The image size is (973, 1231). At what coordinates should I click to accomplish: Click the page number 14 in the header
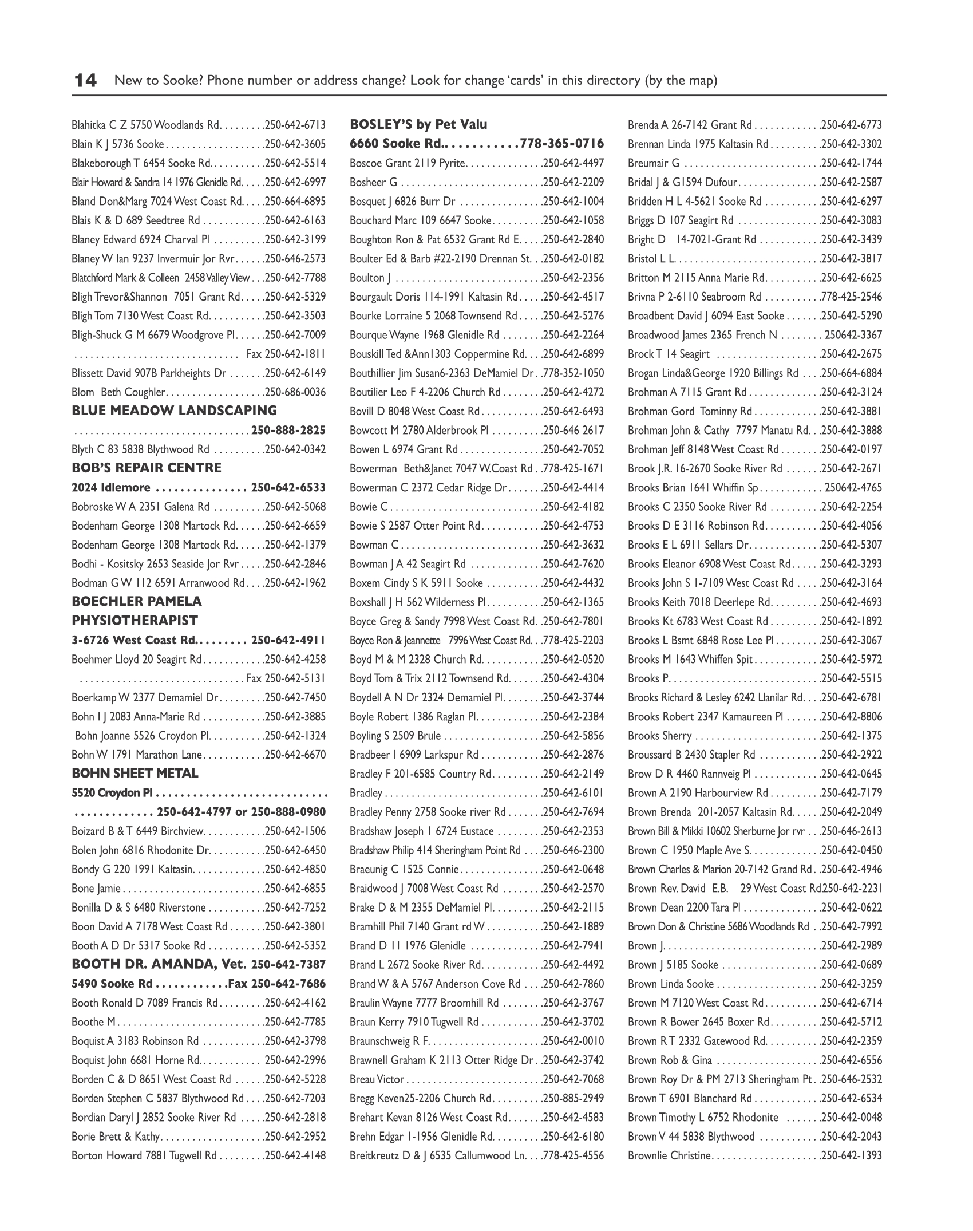(85, 80)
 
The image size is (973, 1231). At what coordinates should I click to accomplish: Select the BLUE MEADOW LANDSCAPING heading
(174, 411)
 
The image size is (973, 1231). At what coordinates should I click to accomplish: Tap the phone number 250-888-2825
(288, 430)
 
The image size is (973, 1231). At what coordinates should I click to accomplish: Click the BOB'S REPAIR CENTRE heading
(147, 468)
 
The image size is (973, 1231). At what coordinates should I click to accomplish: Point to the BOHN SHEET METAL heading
(135, 773)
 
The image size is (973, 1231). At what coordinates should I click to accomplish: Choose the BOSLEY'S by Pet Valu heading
(418, 124)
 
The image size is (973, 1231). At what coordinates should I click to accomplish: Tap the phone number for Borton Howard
(295, 1155)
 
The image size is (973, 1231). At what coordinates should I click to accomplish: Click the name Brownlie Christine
(669, 1155)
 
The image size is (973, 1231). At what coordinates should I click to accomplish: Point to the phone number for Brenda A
(852, 125)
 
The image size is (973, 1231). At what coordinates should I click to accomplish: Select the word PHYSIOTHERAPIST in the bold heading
(135, 621)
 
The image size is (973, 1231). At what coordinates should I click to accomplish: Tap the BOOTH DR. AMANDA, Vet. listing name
(159, 964)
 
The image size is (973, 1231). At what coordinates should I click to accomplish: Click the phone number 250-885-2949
(573, 1098)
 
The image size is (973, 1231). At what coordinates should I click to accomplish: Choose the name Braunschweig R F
(389, 1041)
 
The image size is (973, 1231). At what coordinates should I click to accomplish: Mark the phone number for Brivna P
(852, 297)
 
